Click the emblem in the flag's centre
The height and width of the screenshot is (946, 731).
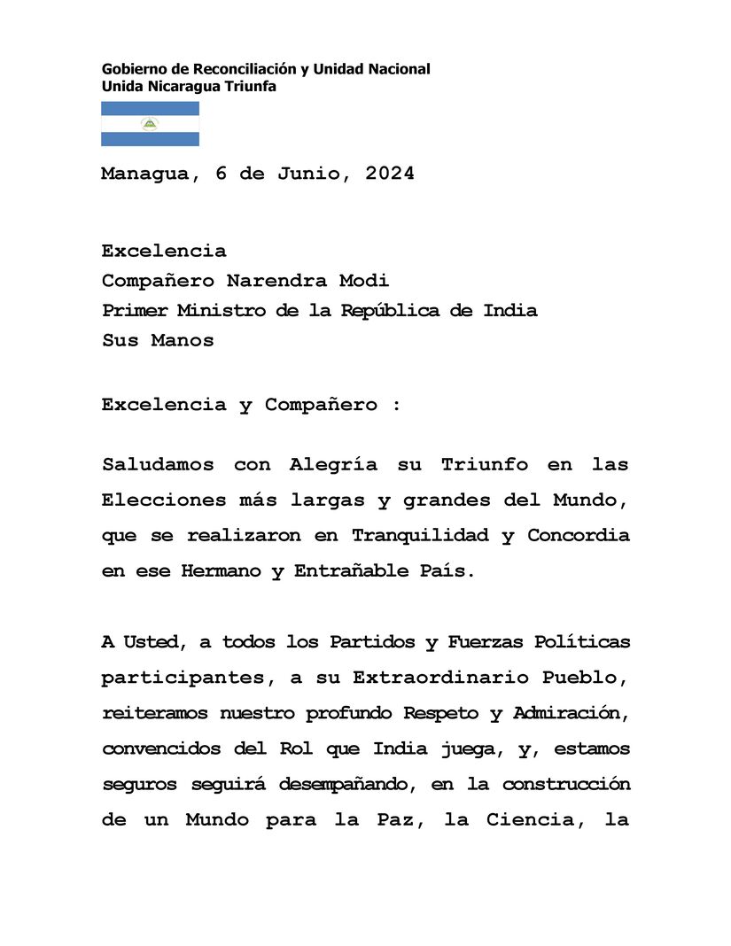coord(150,124)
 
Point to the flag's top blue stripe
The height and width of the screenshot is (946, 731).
coord(150,108)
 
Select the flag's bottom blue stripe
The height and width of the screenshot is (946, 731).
coord(150,139)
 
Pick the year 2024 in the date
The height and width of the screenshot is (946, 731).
coord(385,174)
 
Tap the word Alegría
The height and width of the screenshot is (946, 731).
coord(333,464)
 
